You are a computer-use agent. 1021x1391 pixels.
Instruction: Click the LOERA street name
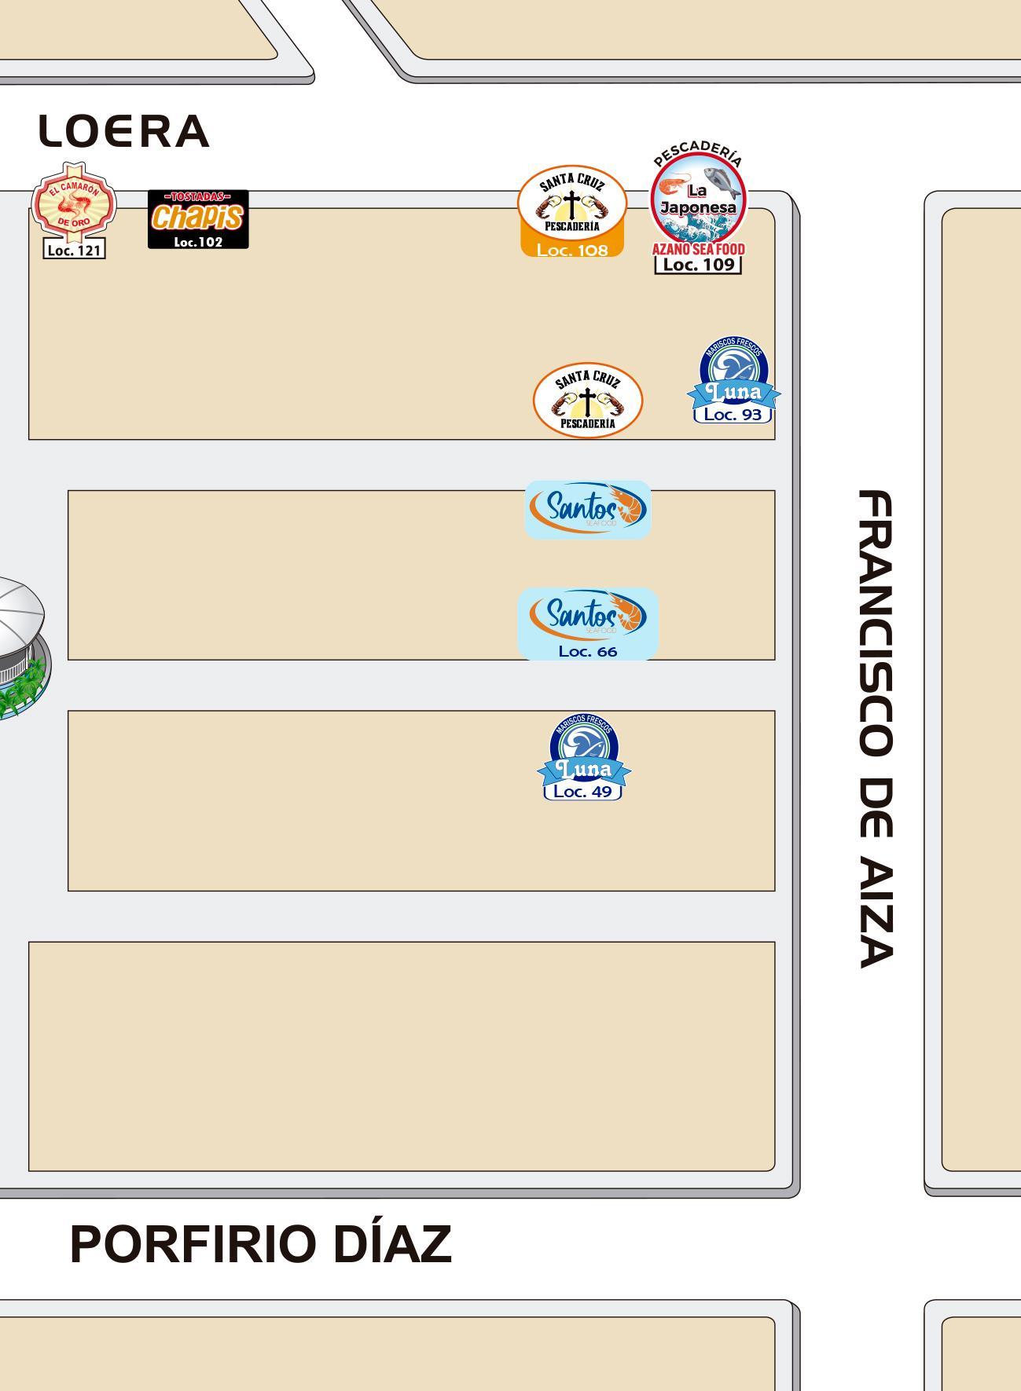124,131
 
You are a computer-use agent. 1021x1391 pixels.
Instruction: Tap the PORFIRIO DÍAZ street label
261,1244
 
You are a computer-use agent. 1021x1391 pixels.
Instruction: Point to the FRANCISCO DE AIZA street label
875,728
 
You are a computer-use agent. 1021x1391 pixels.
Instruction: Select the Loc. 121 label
74,251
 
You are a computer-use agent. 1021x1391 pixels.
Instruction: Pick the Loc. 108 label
572,251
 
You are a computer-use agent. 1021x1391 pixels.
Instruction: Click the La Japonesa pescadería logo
698,199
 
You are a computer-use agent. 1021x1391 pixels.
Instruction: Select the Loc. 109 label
698,265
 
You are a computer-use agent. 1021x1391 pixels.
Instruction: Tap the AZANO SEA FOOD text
698,250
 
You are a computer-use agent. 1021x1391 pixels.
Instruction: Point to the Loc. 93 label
733,415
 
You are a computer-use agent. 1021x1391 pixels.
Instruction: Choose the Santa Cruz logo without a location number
588,400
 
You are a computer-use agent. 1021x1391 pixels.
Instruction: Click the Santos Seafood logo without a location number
588,509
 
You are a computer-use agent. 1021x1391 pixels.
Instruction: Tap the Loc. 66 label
588,652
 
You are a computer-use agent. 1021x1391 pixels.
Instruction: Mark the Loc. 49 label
582,792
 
